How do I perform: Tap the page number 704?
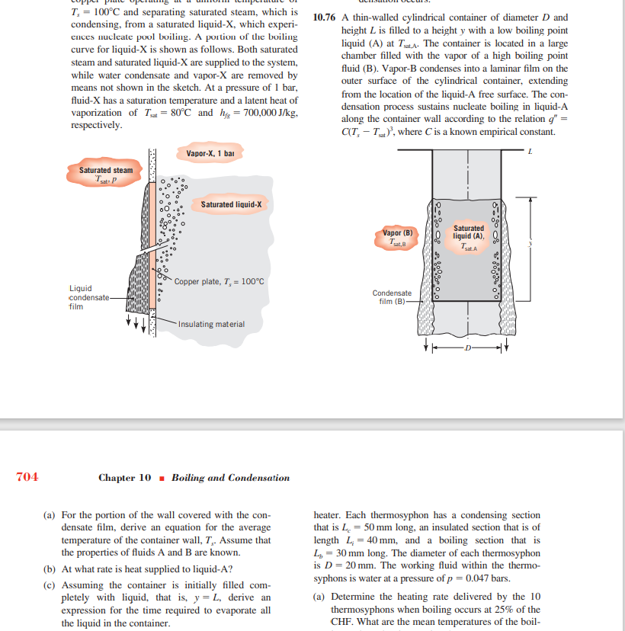[27, 477]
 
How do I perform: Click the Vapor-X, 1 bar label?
[215, 154]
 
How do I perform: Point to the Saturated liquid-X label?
[231, 204]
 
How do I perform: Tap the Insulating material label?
[212, 324]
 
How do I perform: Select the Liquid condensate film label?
[81, 297]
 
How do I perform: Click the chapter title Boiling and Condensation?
[230, 478]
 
